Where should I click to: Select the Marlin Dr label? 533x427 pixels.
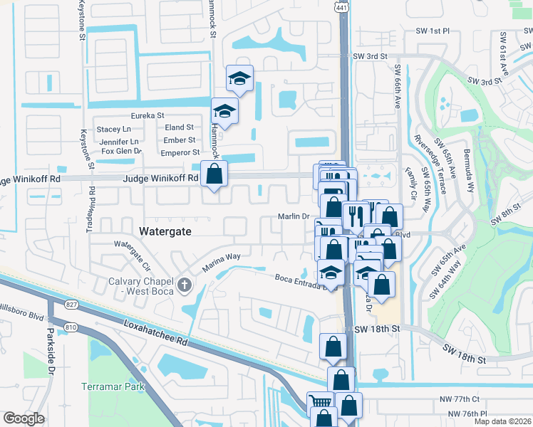292,217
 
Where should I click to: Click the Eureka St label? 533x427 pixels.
147,115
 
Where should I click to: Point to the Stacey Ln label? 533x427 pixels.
114,129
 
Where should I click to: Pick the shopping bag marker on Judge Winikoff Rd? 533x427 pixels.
214,173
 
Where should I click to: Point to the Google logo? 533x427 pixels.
24,418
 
